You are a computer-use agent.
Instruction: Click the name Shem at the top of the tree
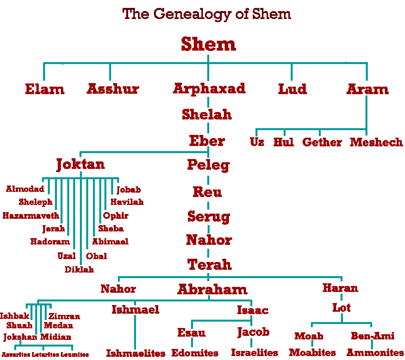(208, 44)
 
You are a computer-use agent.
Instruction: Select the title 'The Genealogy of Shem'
(206, 14)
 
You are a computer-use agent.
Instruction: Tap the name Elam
(45, 89)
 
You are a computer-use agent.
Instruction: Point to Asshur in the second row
(113, 89)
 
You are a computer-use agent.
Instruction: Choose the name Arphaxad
(209, 88)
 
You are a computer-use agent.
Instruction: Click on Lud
(292, 89)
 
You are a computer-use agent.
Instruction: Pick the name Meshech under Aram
(376, 142)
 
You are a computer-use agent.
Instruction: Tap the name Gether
(322, 142)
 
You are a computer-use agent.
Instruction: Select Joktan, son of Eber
(81, 164)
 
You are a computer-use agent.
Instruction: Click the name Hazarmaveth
(31, 216)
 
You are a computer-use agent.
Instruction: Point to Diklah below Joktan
(79, 270)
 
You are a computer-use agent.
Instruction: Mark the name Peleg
(208, 165)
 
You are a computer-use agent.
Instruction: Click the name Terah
(209, 264)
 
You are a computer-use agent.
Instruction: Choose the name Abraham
(212, 289)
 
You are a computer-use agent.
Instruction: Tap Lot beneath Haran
(341, 307)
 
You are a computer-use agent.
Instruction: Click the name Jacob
(253, 332)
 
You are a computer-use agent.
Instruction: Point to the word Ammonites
(375, 352)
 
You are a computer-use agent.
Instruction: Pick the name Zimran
(64, 316)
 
